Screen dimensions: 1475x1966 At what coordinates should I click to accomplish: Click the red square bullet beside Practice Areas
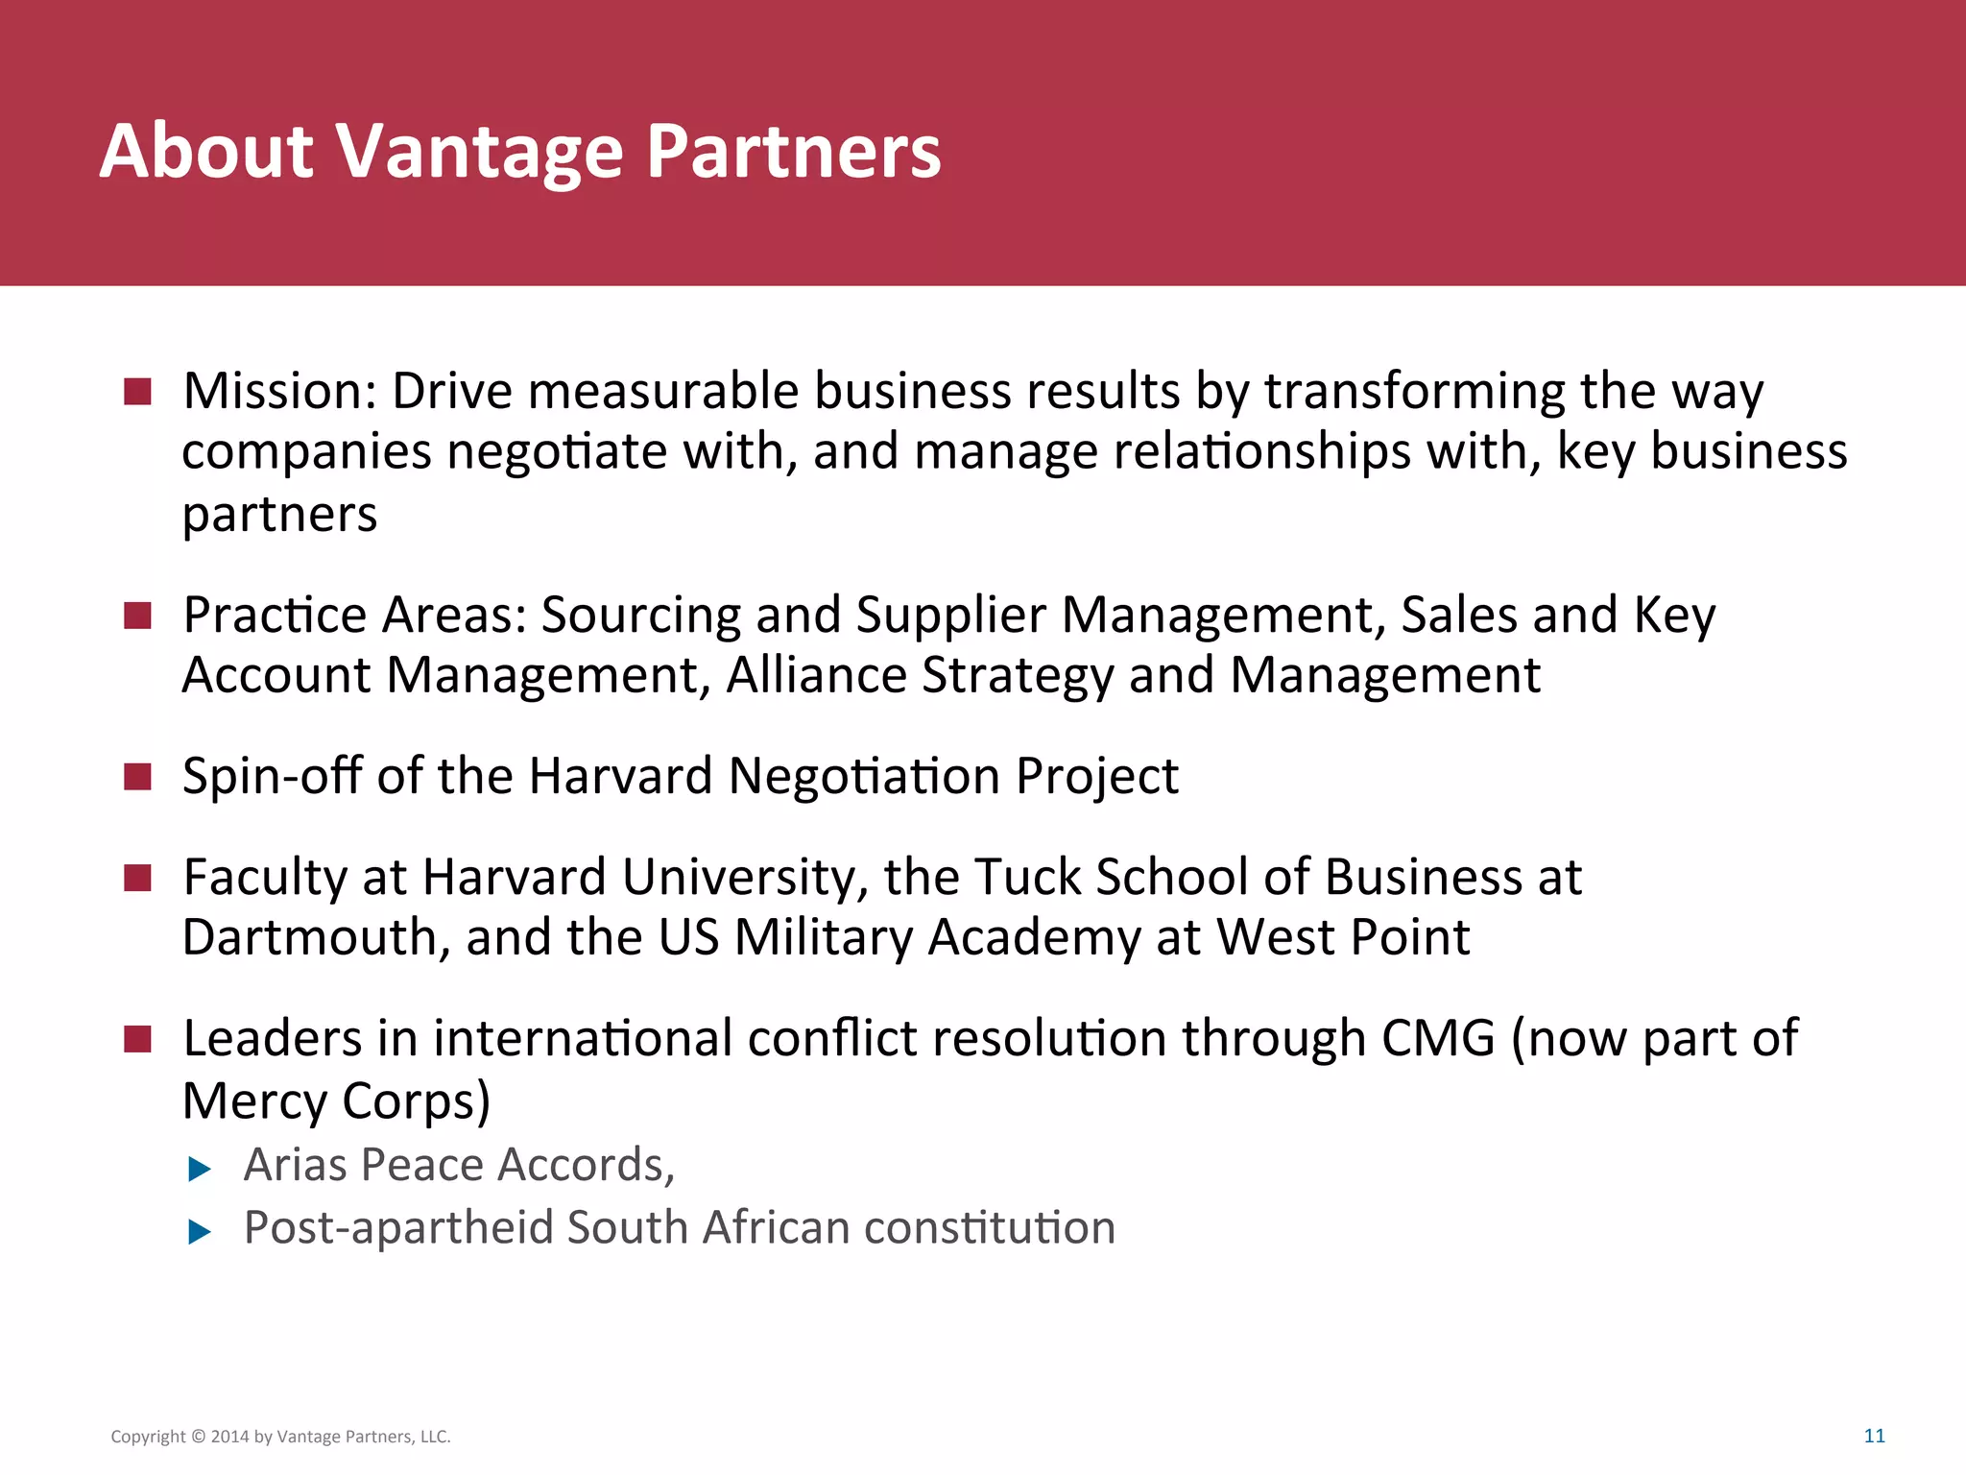[x=138, y=616]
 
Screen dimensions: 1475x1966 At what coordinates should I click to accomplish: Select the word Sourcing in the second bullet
[x=640, y=616]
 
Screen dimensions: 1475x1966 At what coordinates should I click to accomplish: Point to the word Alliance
[x=816, y=675]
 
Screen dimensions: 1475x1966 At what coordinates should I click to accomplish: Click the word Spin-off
[x=271, y=776]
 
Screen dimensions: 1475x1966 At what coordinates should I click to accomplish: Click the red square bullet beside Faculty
[x=138, y=878]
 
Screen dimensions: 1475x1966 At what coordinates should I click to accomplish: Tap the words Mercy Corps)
[x=336, y=1100]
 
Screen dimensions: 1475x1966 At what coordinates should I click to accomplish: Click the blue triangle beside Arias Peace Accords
[x=200, y=1169]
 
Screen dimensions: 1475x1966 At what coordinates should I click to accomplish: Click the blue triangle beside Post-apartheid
[x=200, y=1231]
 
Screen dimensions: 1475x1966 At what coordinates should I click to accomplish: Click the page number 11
[x=1874, y=1437]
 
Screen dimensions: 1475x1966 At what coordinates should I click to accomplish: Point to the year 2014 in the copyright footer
[x=229, y=1438]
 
